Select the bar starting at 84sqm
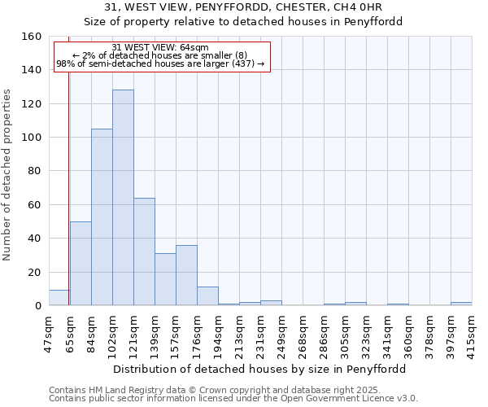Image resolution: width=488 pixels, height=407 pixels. point(102,217)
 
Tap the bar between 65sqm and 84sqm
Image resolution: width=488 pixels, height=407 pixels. point(81,263)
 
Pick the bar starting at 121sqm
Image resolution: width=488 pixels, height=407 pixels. point(144,252)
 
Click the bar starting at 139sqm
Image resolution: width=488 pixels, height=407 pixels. point(165,279)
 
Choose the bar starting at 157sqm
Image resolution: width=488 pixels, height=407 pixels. point(186,275)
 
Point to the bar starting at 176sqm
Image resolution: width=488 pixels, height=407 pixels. point(207,296)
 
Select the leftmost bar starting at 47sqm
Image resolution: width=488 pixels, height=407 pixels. point(59,298)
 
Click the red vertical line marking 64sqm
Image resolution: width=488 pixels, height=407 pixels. point(68,179)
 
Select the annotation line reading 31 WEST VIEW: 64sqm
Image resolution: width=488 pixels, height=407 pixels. point(160,47)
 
